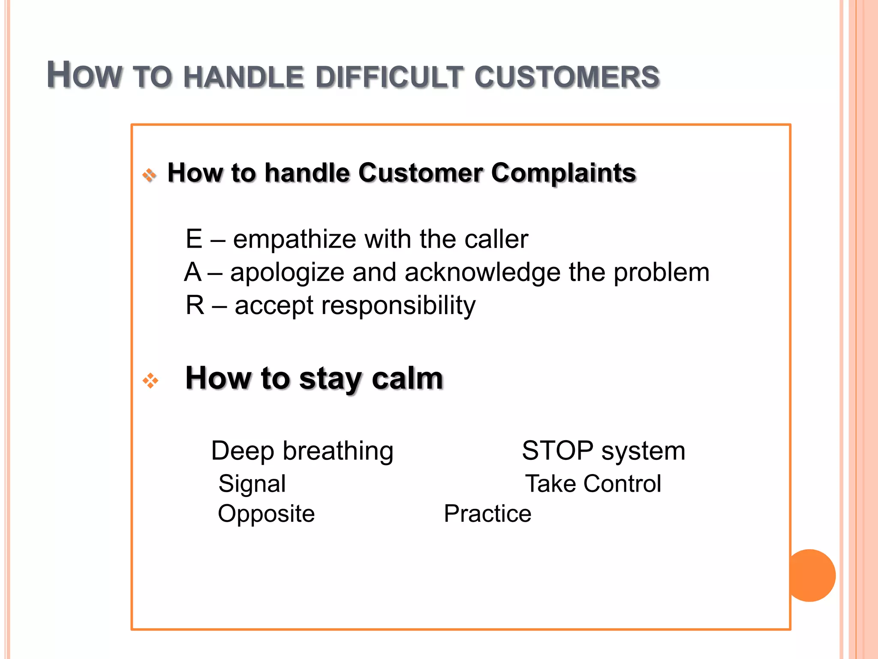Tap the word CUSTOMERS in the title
point(567,78)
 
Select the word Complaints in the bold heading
point(563,173)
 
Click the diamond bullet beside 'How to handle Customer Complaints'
point(149,175)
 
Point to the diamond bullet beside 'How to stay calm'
point(150,381)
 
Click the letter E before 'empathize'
point(194,239)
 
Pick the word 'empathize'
point(294,239)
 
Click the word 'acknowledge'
point(482,273)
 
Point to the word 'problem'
point(662,273)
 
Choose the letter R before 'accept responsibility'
point(195,305)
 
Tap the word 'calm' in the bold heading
point(407,378)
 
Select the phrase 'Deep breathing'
point(302,451)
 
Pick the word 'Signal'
point(252,484)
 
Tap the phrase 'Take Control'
point(593,484)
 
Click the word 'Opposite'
point(266,514)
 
